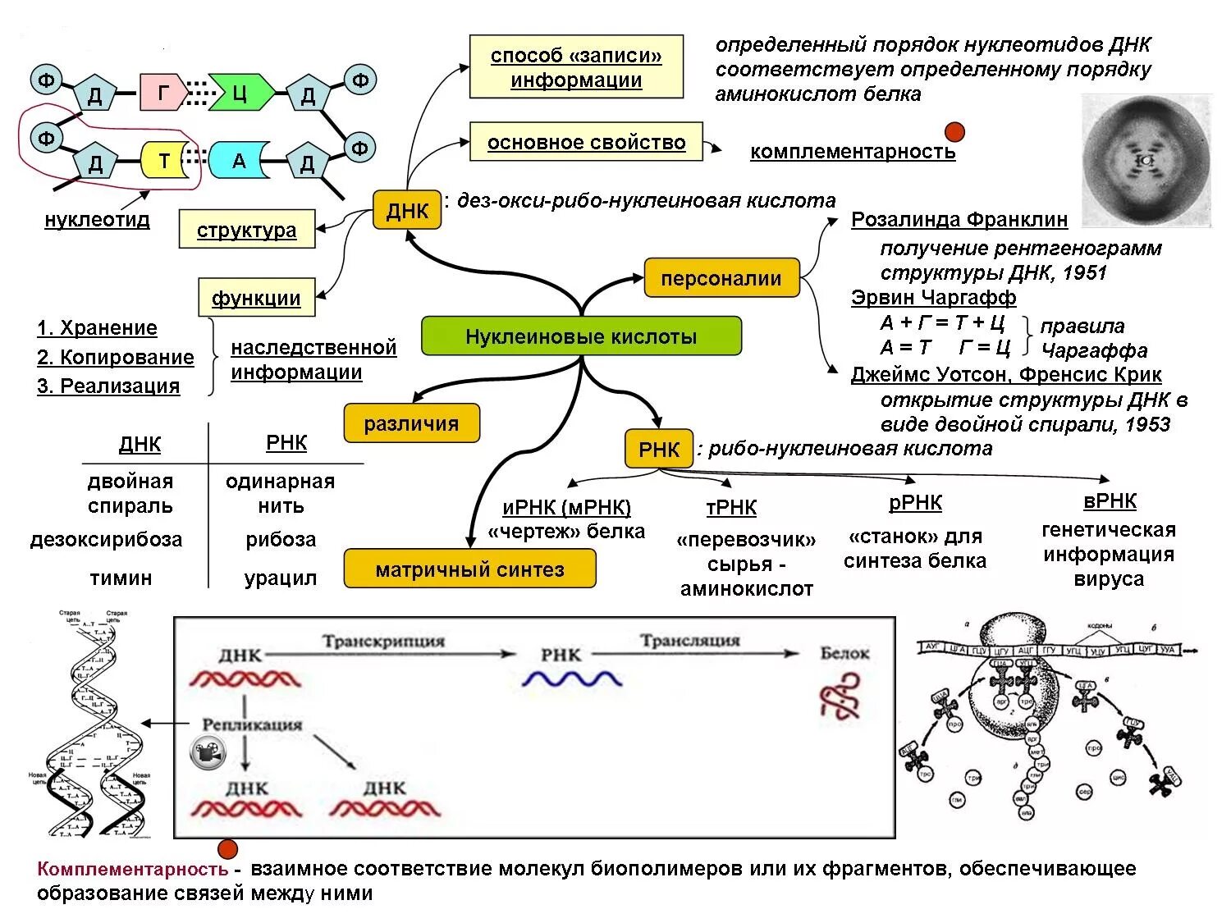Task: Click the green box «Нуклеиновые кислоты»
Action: point(581,336)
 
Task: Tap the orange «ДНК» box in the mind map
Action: point(407,211)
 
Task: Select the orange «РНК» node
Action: point(659,449)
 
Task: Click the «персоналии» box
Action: point(721,278)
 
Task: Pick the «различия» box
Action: point(411,423)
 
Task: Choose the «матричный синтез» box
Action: point(469,569)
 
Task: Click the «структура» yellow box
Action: point(247,230)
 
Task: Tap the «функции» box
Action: point(256,298)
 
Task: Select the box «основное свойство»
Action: point(586,142)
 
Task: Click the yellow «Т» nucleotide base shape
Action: point(163,161)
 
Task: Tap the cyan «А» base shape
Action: point(239,161)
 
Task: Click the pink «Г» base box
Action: point(162,93)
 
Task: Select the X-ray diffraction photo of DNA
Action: point(1146,161)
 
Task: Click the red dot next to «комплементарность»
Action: point(954,132)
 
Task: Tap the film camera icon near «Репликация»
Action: point(208,752)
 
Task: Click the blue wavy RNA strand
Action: point(572,679)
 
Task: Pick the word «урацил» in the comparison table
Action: point(281,578)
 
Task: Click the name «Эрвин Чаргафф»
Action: point(933,297)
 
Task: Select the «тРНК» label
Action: point(731,508)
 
